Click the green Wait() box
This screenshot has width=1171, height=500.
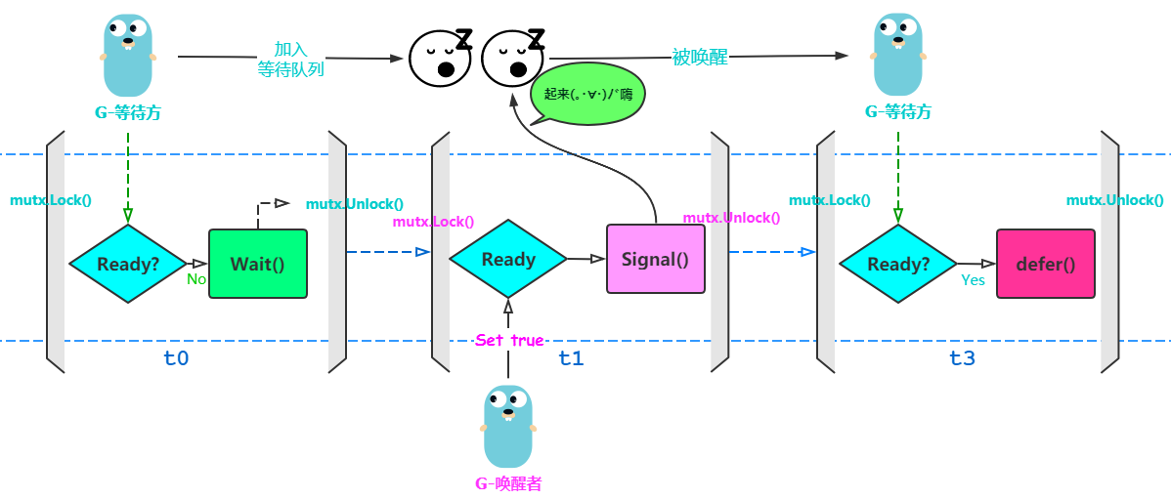[x=257, y=264]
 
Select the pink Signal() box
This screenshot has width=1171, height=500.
[x=655, y=260]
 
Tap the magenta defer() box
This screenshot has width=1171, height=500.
[x=1045, y=264]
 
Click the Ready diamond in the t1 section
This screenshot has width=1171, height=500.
[x=507, y=259]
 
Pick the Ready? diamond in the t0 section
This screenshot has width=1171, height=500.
[x=127, y=264]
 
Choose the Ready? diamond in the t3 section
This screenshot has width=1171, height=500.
[x=897, y=264]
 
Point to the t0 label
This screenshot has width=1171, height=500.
[x=176, y=358]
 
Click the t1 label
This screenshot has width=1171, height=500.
[x=571, y=358]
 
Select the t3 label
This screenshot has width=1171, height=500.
[x=962, y=358]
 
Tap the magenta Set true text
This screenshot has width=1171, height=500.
[x=508, y=341]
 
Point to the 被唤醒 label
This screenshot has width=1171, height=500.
[x=700, y=57]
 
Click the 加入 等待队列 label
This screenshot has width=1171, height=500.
[x=290, y=60]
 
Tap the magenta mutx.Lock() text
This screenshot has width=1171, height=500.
[x=433, y=222]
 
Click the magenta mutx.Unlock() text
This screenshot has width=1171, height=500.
[x=731, y=218]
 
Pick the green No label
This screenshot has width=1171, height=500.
[x=196, y=279]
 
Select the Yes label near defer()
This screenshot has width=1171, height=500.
[x=974, y=280]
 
